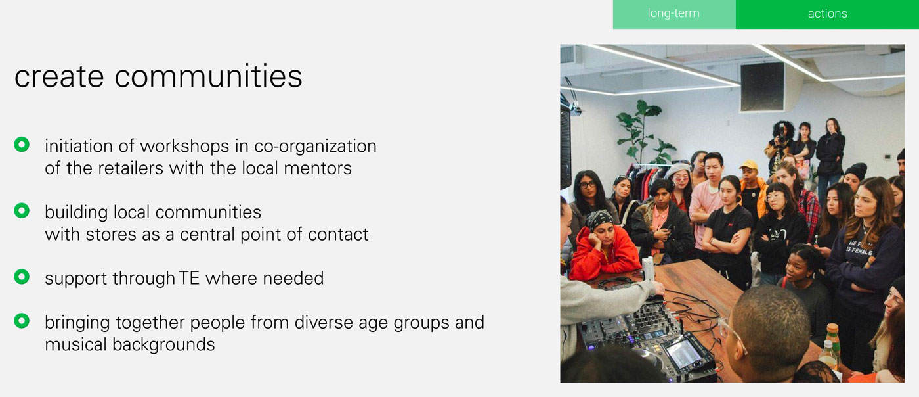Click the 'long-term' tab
(674, 14)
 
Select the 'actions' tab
(827, 14)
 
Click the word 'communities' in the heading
(209, 76)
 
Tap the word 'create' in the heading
(59, 78)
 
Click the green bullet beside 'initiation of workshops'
(22, 144)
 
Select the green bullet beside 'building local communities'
(22, 210)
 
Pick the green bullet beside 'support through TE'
(22, 277)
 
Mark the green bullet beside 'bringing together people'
(22, 321)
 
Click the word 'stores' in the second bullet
(111, 235)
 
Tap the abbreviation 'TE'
(189, 278)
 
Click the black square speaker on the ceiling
(762, 87)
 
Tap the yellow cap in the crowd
(749, 165)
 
